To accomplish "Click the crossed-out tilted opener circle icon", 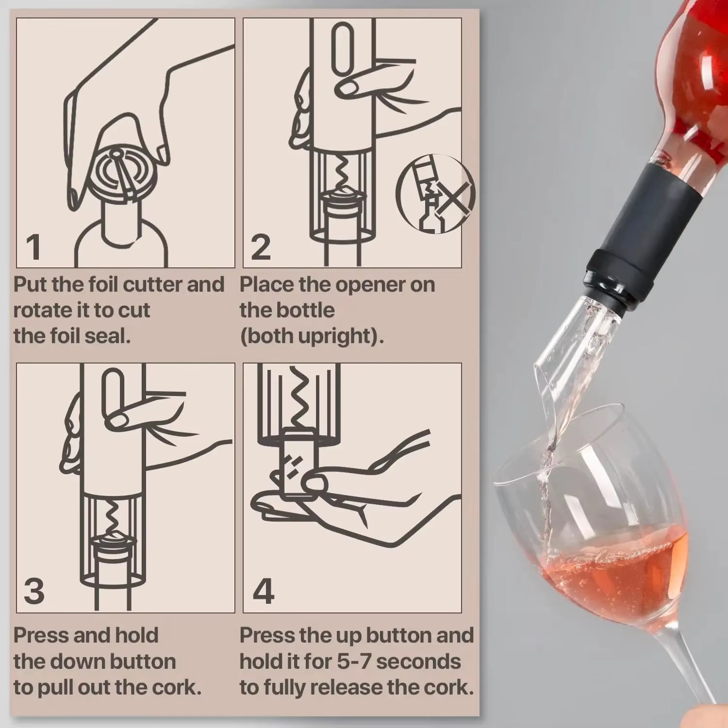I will pyautogui.click(x=435, y=194).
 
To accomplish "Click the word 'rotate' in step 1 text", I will pyautogui.click(x=38, y=311).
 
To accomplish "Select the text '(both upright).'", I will pyautogui.click(x=312, y=336).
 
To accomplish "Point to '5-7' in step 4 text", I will pyautogui.click(x=357, y=662).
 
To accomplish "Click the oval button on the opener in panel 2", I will pyautogui.click(x=342, y=49).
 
